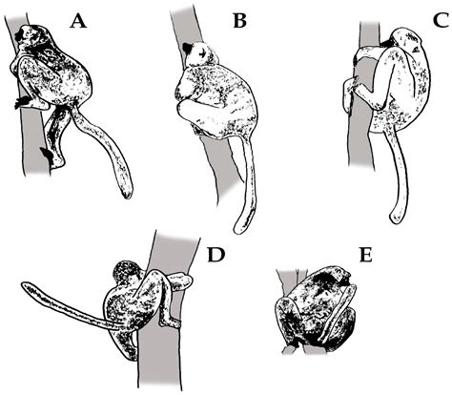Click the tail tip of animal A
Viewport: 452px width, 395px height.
pos(126,194)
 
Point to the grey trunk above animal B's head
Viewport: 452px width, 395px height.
pos(184,19)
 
